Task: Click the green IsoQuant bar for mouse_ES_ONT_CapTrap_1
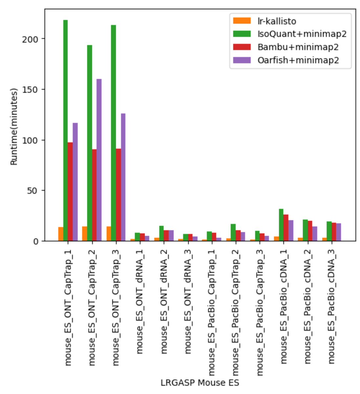[65, 131]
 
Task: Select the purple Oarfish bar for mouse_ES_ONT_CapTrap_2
[99, 161]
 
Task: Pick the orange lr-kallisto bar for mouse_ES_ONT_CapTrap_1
[61, 234]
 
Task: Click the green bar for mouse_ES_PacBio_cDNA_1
[281, 225]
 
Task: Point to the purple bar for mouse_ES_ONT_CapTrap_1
[75, 182]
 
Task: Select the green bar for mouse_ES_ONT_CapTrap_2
[89, 143]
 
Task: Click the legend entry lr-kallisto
[277, 21]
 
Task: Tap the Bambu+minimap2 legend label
[298, 47]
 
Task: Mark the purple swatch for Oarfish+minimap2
[242, 60]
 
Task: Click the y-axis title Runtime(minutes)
[14, 126]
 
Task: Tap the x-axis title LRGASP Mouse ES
[200, 383]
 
